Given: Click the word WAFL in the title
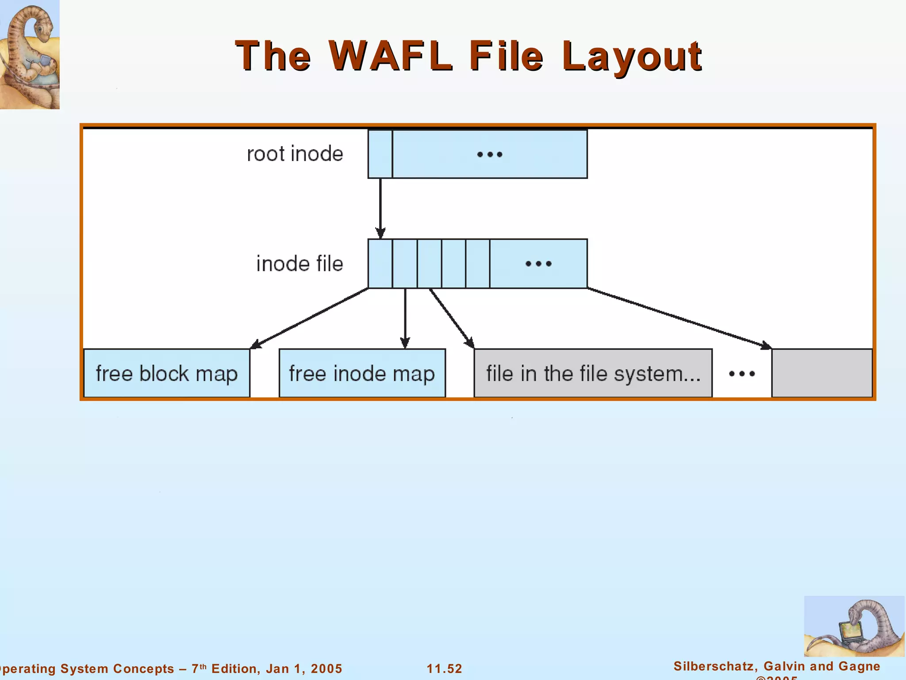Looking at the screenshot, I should pos(391,56).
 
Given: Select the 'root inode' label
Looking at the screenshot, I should pos(295,154).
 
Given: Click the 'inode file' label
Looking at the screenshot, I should pos(299,264).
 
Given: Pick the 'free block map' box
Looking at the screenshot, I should pos(167,373).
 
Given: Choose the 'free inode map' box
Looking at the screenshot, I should pos(362,373).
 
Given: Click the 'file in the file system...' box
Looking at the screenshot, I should pos(593,373).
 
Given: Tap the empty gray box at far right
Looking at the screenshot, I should pos(822,373).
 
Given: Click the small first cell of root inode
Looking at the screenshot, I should pos(380,154).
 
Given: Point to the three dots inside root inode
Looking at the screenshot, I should pos(490,155).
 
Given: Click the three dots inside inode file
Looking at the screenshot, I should pos(538,264).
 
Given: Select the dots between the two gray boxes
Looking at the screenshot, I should pos(742,374).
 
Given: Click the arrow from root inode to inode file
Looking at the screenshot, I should pos(380,208).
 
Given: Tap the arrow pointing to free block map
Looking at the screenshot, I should pos(310,318).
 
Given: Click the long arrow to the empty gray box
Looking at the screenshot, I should pos(679,318).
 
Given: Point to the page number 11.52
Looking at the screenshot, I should pos(444,668).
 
